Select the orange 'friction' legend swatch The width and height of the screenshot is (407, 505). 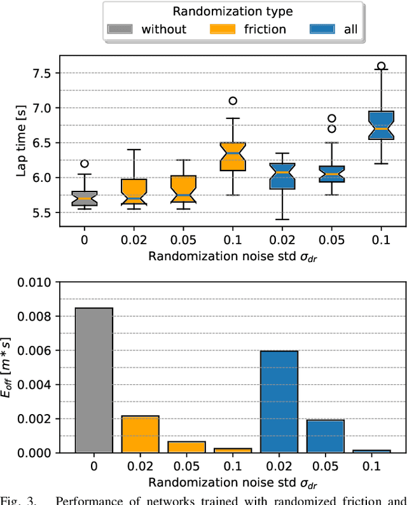(x=221, y=29)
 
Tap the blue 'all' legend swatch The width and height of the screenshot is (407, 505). (x=323, y=29)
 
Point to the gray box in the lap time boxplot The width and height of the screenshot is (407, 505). (x=85, y=198)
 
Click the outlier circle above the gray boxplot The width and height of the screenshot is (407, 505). (x=85, y=163)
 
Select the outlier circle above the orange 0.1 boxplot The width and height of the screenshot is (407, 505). (x=233, y=100)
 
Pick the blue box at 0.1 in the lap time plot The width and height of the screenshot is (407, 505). (x=381, y=125)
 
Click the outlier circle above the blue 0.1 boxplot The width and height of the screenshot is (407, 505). (x=381, y=66)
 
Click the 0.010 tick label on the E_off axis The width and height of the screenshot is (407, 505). (x=33, y=282)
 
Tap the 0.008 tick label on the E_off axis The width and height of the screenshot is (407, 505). (x=33, y=316)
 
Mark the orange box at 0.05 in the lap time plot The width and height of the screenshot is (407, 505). (x=183, y=189)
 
